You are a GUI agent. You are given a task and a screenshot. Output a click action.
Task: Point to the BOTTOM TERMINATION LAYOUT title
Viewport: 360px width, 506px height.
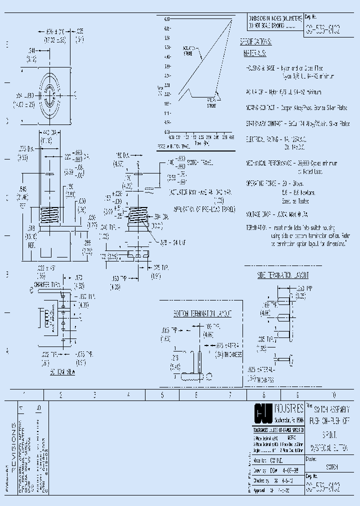click(202, 313)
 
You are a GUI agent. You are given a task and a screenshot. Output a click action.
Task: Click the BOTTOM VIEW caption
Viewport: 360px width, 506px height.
click(62, 373)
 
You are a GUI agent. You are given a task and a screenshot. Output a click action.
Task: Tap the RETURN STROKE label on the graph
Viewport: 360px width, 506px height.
click(212, 102)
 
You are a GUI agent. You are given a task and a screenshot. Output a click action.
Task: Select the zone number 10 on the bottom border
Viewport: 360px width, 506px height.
click(334, 394)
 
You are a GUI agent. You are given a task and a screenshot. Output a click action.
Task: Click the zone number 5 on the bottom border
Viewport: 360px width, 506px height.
click(162, 394)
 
